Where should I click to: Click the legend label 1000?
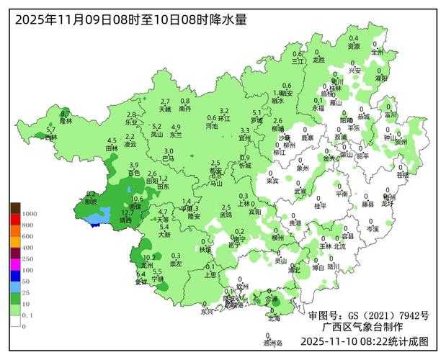pyautogui.click(x=30, y=214)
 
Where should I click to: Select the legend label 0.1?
pyautogui.click(x=27, y=315)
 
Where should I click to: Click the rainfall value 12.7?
pyautogui.click(x=127, y=212)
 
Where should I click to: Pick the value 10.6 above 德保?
pyautogui.click(x=137, y=199)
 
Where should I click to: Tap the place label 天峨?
pyautogui.click(x=165, y=109)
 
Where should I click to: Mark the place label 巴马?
pyautogui.click(x=168, y=158)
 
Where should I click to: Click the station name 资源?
pyautogui.click(x=354, y=45)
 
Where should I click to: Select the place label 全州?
pyautogui.click(x=378, y=52)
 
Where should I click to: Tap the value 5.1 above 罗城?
pyautogui.click(x=257, y=112)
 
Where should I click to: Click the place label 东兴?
pyautogui.click(x=208, y=312)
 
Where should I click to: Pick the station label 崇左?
pyautogui.click(x=176, y=264)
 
